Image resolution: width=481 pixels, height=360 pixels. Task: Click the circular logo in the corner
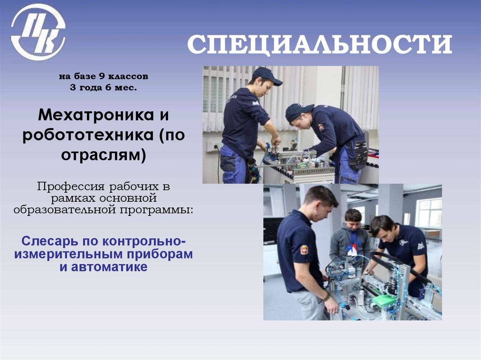(x=38, y=32)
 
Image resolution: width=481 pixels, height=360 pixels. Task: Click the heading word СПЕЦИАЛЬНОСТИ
(x=319, y=45)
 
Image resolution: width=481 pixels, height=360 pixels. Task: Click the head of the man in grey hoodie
(x=353, y=219)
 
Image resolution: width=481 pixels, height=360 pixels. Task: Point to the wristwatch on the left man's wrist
(x=326, y=297)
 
